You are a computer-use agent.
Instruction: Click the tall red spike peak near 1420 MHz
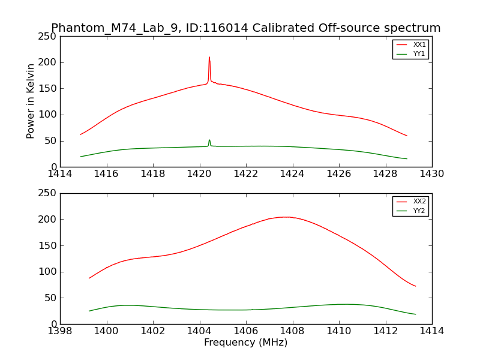(209, 58)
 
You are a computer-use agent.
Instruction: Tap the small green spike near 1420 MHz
(209, 140)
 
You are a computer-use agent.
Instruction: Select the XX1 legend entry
(419, 44)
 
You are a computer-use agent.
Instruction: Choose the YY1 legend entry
(419, 53)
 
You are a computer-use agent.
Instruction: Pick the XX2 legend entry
(419, 202)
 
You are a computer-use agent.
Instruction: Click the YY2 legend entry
(419, 211)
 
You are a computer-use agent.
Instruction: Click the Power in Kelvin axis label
(31, 101)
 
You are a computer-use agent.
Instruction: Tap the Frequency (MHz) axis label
(245, 343)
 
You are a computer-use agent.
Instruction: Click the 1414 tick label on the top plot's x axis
(60, 174)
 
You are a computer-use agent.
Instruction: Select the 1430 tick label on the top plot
(431, 174)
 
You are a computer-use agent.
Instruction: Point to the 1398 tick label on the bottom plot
(60, 331)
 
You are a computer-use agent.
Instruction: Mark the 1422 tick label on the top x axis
(246, 174)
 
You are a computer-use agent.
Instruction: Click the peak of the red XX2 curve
(285, 217)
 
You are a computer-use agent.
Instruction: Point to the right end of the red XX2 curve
(415, 286)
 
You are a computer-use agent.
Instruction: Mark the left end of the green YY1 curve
(80, 157)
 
